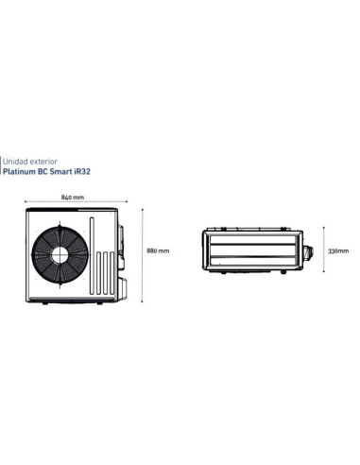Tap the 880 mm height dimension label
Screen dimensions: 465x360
(x=159, y=251)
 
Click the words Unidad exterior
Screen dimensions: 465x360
(x=28, y=162)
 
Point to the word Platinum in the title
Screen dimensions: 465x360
(x=23, y=173)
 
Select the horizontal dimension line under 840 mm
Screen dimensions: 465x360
(x=70, y=202)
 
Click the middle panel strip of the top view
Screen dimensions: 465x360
(x=252, y=251)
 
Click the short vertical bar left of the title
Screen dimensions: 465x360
(x=2, y=167)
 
